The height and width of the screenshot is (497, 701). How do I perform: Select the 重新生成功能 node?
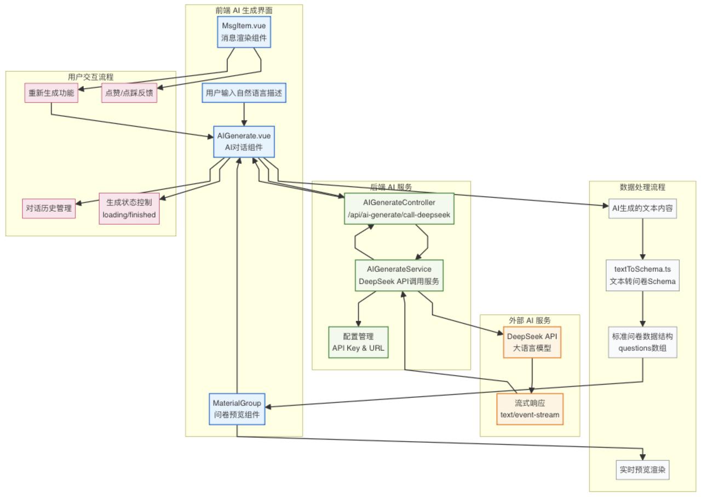click(x=51, y=93)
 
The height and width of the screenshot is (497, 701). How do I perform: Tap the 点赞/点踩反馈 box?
click(x=128, y=93)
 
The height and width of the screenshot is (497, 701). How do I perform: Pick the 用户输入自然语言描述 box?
click(x=244, y=93)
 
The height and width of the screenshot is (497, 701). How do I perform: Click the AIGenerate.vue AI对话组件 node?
click(x=244, y=142)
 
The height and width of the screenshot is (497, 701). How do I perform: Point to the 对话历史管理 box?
click(x=49, y=208)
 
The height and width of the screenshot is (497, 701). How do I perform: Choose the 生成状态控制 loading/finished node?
click(x=129, y=208)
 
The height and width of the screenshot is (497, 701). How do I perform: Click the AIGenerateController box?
click(x=399, y=209)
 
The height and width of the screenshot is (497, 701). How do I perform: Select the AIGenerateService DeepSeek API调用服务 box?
click(x=399, y=276)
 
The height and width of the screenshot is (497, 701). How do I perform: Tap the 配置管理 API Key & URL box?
click(x=358, y=342)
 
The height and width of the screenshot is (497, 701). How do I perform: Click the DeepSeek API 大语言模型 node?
click(x=532, y=342)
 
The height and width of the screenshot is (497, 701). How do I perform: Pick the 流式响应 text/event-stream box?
click(x=530, y=409)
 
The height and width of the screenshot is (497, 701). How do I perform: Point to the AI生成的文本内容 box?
click(x=642, y=208)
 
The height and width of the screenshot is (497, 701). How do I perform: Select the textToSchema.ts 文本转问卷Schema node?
click(x=642, y=276)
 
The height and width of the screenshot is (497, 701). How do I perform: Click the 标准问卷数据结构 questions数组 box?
click(x=642, y=342)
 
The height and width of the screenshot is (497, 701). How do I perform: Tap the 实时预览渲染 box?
click(x=642, y=470)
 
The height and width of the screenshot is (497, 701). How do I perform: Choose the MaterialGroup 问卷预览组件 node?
click(x=237, y=409)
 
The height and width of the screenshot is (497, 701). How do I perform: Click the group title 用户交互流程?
click(x=91, y=77)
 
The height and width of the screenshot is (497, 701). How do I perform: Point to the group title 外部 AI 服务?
click(x=530, y=321)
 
